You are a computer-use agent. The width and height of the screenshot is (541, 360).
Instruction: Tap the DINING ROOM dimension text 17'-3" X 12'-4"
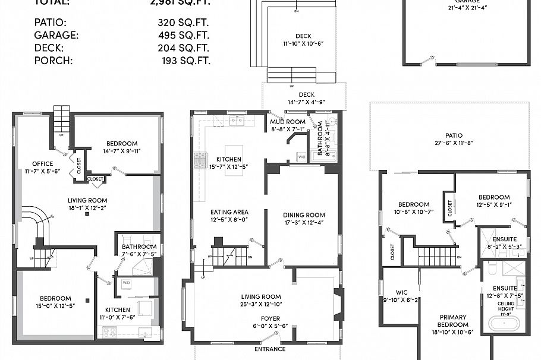(x=303, y=223)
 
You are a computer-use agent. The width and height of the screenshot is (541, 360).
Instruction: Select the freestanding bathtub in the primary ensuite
(x=504, y=324)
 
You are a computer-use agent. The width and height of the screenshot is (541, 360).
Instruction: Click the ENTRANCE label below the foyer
(x=270, y=349)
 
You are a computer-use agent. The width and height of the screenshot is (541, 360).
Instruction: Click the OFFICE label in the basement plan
(x=42, y=164)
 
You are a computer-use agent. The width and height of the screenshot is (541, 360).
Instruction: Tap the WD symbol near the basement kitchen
(x=126, y=283)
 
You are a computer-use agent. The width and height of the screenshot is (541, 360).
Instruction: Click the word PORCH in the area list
(x=53, y=60)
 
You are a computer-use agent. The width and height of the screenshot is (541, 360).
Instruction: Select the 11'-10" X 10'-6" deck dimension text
(x=303, y=43)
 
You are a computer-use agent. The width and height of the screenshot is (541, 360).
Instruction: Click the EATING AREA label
(x=229, y=212)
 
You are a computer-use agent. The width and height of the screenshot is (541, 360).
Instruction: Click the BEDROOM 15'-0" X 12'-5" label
(x=55, y=299)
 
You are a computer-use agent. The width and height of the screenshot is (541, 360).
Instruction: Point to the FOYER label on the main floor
(x=261, y=318)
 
